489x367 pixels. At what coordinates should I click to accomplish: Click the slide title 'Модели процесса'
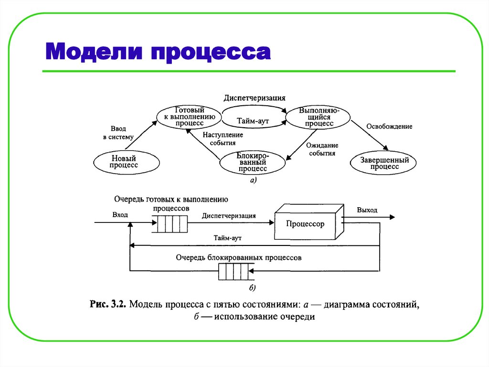[x=158, y=52]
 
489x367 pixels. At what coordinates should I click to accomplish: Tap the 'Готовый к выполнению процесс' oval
[x=189, y=116]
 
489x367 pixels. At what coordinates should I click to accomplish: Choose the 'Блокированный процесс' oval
[x=253, y=162]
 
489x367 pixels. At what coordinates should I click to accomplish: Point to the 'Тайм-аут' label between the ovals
[x=253, y=122]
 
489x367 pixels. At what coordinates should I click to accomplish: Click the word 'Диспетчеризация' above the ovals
[x=255, y=98]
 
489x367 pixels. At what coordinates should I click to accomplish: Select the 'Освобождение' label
[x=389, y=126]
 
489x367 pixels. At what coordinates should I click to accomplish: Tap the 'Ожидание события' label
[x=322, y=149]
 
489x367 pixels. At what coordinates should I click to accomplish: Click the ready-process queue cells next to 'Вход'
[x=169, y=224]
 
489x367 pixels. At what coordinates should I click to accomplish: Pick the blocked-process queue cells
[x=234, y=272]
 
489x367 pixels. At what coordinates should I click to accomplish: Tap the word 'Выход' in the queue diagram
[x=367, y=210]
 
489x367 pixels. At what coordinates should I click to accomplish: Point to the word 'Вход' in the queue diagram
[x=120, y=215]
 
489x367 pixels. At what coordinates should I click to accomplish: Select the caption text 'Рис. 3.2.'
[x=107, y=304]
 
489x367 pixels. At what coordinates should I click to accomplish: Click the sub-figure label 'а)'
[x=253, y=180]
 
